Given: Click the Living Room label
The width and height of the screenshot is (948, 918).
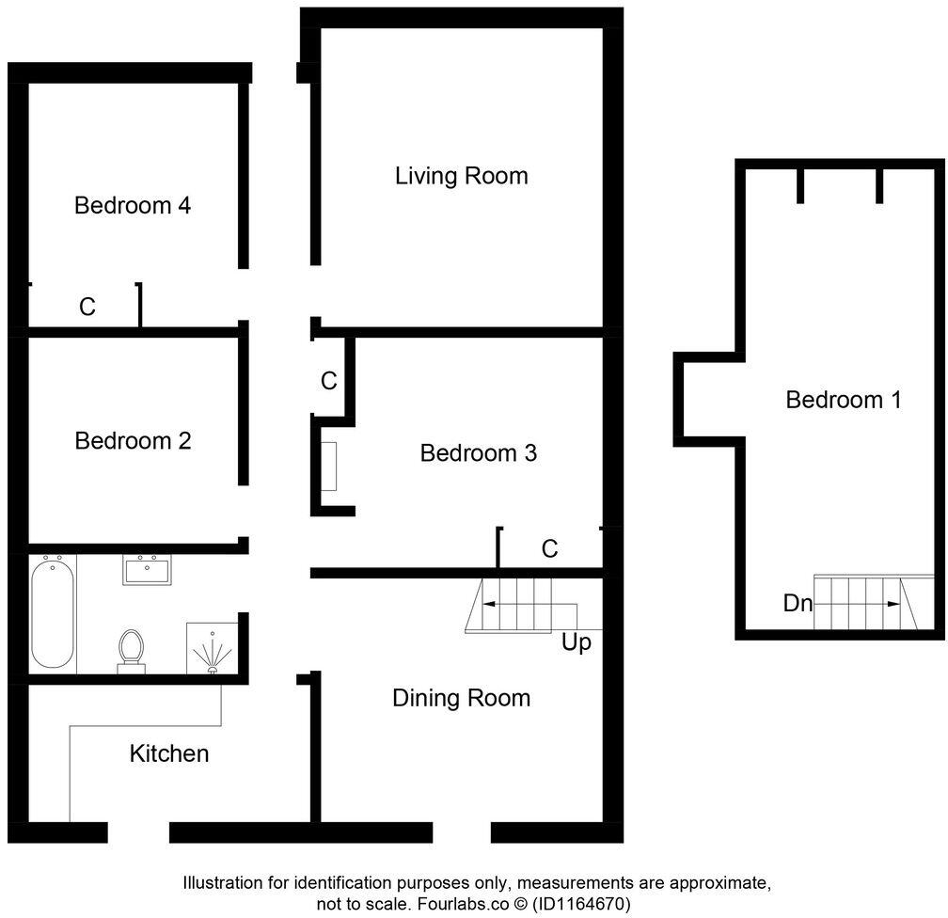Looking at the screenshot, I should (x=461, y=176).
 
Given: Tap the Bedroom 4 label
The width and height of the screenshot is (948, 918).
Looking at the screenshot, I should (x=133, y=205).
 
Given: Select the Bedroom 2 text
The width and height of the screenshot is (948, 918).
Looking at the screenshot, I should (x=133, y=440).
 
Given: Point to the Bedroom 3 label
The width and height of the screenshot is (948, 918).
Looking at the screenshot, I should (x=478, y=453).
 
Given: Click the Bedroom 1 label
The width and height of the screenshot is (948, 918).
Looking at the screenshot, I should (x=843, y=400).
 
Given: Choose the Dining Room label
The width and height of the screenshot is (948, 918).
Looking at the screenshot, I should (x=461, y=698).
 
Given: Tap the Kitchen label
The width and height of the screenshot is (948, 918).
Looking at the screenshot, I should (x=169, y=753).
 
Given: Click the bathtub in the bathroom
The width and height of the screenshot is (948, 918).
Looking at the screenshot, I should (x=53, y=612).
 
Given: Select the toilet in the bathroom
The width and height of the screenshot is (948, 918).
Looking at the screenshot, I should (x=132, y=649).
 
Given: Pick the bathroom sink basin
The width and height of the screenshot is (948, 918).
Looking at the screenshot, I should (x=146, y=570).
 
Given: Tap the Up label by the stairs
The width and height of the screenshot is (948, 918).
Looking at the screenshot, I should (x=577, y=644).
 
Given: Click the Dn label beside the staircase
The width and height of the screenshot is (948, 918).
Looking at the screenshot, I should (x=798, y=604).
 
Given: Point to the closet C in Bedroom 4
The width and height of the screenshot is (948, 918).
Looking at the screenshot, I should (x=87, y=307).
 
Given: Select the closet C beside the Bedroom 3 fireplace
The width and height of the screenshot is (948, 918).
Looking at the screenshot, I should (x=328, y=381).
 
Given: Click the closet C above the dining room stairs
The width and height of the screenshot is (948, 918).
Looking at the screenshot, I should (x=549, y=548).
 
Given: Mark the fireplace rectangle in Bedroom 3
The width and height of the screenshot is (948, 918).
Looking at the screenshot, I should (x=329, y=466).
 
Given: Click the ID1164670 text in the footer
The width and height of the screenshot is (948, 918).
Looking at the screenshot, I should (x=581, y=903).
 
